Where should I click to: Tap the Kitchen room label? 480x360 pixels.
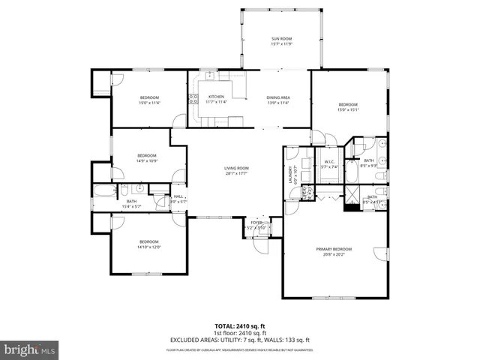(x=216, y=97)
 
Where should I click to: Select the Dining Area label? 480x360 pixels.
(x=278, y=97)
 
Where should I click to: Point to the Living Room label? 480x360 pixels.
(x=236, y=168)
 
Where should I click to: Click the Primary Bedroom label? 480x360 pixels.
(x=334, y=249)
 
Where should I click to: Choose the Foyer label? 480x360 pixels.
(x=256, y=223)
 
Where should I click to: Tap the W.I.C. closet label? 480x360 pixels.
(x=329, y=161)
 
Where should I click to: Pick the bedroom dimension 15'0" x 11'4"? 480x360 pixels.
(x=149, y=103)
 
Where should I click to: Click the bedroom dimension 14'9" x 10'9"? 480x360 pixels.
(x=146, y=160)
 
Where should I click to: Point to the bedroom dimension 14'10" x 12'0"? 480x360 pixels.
(x=148, y=247)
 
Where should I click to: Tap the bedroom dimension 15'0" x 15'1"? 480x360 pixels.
(x=349, y=109)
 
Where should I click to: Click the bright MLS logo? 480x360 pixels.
(x=31, y=350)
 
